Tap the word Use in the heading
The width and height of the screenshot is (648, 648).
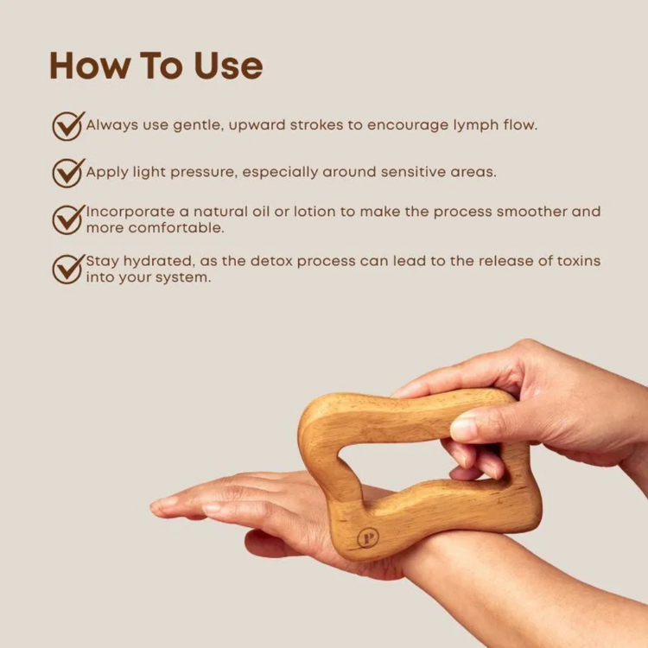point(226,67)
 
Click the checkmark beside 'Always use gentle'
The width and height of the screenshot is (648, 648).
point(67,125)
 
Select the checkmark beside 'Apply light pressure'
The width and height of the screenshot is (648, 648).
point(67,172)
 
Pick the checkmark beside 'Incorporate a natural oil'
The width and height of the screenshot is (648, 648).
point(67,219)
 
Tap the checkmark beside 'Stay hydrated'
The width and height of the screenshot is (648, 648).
point(67,268)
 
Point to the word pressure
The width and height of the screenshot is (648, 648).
point(200,172)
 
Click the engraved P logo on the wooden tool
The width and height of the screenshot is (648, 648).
point(366,537)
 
